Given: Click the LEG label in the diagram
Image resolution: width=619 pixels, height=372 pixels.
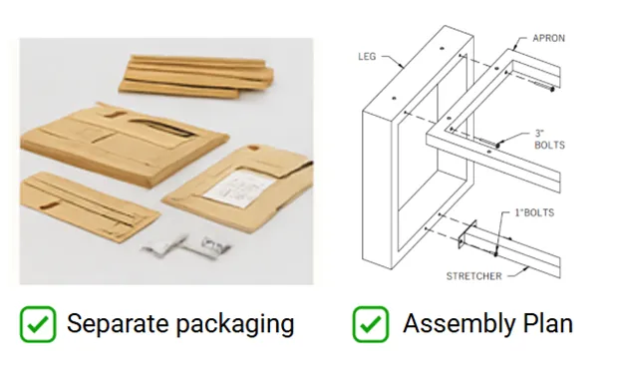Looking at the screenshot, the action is pyautogui.click(x=367, y=57).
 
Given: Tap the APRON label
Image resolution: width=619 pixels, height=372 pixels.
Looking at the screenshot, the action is pyautogui.click(x=549, y=38).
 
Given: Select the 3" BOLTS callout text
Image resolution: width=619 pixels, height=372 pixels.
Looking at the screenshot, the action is pyautogui.click(x=549, y=140).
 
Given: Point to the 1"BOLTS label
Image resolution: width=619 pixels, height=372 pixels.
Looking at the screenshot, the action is pyautogui.click(x=534, y=212).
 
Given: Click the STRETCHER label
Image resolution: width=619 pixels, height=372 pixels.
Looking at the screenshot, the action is pyautogui.click(x=474, y=276).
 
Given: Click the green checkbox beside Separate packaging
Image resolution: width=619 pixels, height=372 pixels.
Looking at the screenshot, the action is pyautogui.click(x=38, y=324).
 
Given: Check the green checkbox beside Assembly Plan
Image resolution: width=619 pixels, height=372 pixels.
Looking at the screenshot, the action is pyautogui.click(x=371, y=324).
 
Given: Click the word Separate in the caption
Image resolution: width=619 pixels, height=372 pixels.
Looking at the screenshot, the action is pyautogui.click(x=118, y=324).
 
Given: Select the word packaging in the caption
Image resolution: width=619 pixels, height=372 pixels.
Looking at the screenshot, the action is pyautogui.click(x=235, y=324).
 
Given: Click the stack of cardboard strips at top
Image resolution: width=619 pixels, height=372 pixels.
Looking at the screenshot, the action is pyautogui.click(x=196, y=76).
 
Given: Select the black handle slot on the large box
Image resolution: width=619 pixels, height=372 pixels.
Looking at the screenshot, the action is pyautogui.click(x=161, y=128).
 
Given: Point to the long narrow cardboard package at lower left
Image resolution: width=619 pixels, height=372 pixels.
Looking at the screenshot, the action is pyautogui.click(x=89, y=204).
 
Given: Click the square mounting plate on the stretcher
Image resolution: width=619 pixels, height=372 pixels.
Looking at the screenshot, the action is pyautogui.click(x=467, y=234).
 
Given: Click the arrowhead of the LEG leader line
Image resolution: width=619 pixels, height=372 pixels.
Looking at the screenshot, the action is pyautogui.click(x=403, y=66).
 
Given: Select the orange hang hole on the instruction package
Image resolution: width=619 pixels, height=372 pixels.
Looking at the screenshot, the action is pyautogui.click(x=253, y=148).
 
